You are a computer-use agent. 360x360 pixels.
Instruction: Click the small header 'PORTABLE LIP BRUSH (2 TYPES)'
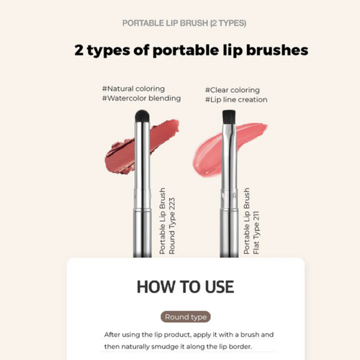[184, 23]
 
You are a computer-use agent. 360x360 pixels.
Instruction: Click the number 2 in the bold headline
[81, 50]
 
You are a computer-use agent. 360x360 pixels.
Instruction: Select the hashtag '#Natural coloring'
[133, 89]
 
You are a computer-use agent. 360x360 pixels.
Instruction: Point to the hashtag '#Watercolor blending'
[141, 99]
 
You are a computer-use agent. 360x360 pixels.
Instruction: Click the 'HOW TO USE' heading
[185, 286]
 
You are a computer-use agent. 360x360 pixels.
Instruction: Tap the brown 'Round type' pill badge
[186, 317]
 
